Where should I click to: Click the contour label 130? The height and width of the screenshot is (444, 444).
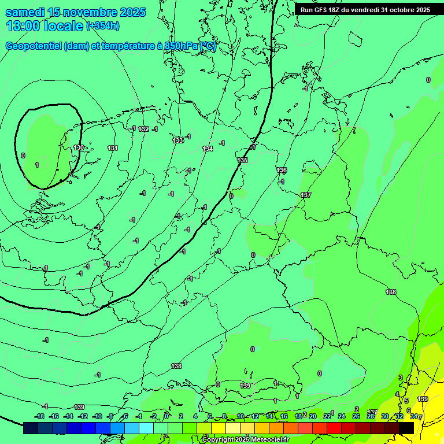pos(79,147)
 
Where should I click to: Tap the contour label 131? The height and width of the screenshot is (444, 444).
pos(113,148)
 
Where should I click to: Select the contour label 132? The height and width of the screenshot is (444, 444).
pos(144,129)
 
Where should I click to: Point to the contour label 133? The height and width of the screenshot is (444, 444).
pos(178,140)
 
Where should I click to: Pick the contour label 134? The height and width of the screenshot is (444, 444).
pos(208,149)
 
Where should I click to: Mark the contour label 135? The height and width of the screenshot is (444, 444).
pos(243,160)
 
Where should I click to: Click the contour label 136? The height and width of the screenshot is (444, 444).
pos(282,170)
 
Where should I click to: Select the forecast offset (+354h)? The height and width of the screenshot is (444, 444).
pos(102,26)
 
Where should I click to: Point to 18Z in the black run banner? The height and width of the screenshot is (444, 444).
pos(334,10)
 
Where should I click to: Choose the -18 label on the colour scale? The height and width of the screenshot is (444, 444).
pos(39,416)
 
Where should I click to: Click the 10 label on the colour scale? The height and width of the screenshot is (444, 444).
pos(240,416)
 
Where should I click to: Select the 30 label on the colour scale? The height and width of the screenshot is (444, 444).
pos(384,416)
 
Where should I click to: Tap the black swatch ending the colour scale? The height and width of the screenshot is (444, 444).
pos(406,428)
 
